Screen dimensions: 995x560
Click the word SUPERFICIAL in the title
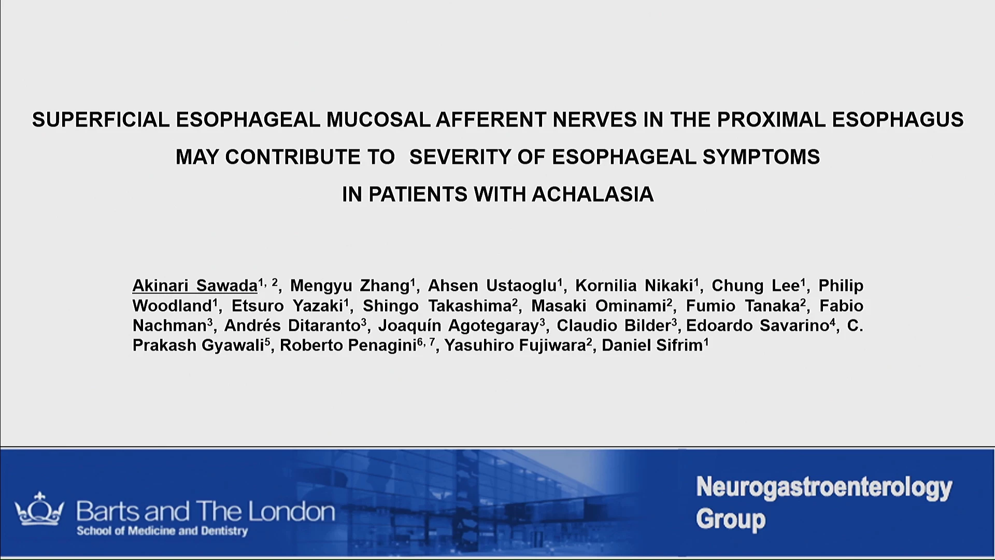(101, 120)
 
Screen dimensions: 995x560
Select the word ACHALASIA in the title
(592, 194)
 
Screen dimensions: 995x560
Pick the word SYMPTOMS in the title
(761, 157)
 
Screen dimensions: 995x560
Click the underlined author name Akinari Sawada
(195, 286)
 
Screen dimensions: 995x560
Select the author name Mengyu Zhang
(350, 286)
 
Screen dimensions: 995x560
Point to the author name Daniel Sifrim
(652, 345)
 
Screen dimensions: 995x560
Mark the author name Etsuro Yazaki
(288, 306)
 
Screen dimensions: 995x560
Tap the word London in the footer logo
(291, 512)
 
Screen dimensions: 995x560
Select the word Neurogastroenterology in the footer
(824, 488)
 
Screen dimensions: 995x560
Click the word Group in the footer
(731, 520)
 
